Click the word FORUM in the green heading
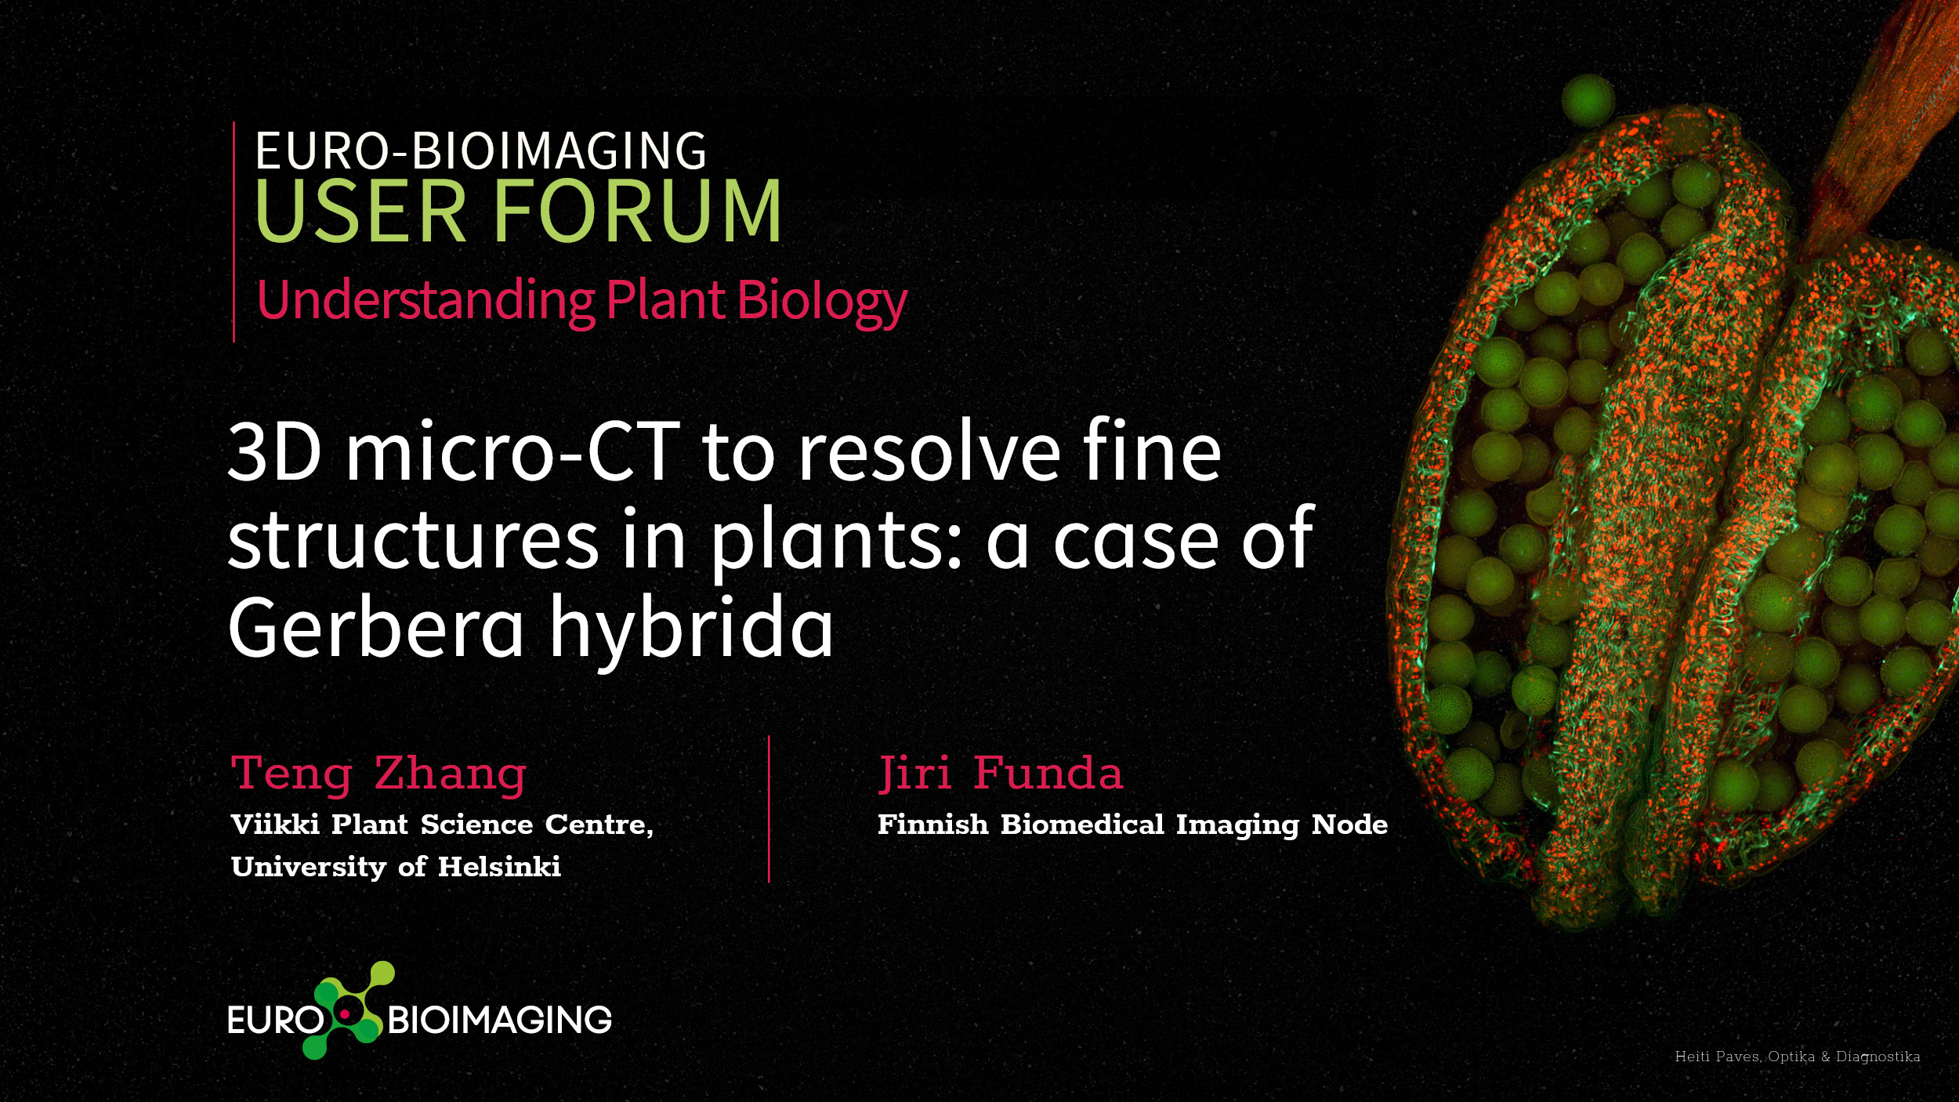(635, 210)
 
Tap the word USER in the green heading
(361, 210)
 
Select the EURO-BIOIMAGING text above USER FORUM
(480, 150)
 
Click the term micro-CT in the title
(512, 452)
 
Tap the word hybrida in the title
(690, 628)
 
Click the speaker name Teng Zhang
(379, 775)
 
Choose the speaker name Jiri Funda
(1001, 774)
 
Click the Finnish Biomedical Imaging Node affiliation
(1132, 825)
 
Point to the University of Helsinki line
(396, 867)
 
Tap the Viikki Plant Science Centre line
(442, 825)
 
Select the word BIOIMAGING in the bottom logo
(500, 1020)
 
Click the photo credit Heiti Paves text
(1798, 1057)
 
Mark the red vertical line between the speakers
(769, 810)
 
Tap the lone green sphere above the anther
(1588, 100)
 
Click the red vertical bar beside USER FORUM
(234, 232)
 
